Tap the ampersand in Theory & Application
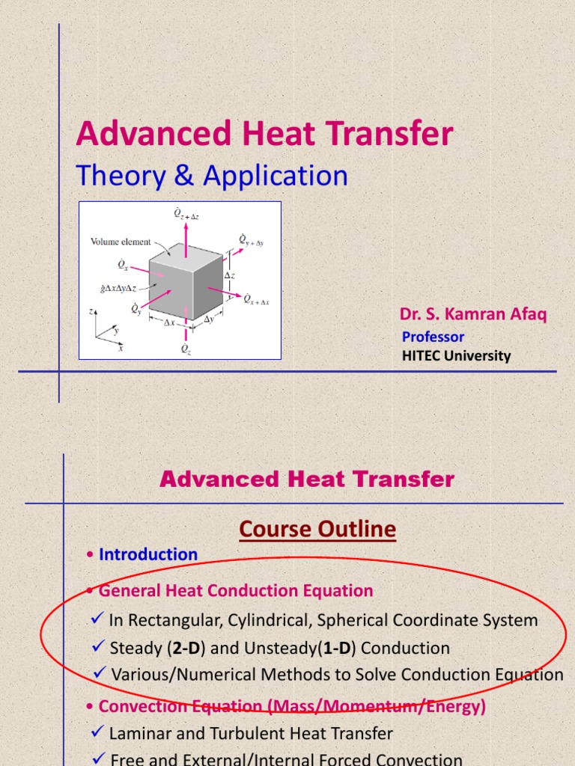183,176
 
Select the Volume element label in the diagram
121,242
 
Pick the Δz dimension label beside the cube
231,275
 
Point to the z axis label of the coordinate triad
91,310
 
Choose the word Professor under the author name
433,337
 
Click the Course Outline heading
317,530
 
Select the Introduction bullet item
148,554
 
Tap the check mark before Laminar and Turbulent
97,733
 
